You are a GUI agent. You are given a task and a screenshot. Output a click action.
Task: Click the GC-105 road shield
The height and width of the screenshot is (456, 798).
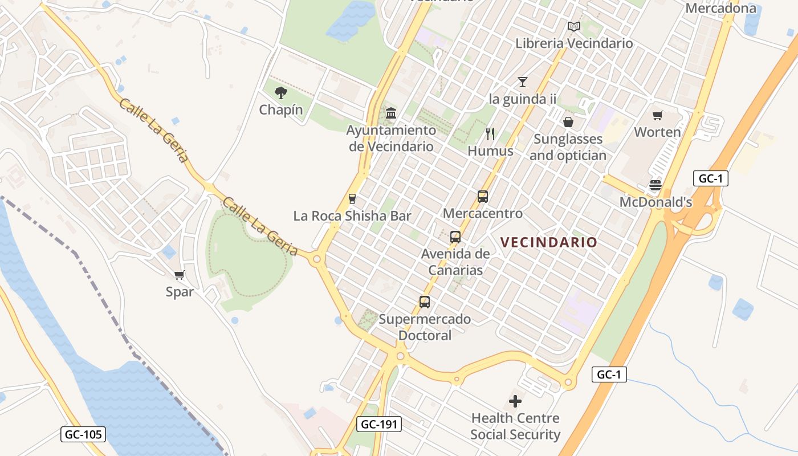[x=83, y=434]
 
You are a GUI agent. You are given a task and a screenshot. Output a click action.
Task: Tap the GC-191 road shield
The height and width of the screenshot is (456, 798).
[x=379, y=424]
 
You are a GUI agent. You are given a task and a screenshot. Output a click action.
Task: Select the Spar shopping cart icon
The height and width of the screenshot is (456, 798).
[x=180, y=275]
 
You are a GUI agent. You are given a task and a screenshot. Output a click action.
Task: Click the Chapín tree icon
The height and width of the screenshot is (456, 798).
[x=280, y=92]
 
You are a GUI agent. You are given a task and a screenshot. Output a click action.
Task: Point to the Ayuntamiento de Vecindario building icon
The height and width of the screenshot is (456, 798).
[x=391, y=113]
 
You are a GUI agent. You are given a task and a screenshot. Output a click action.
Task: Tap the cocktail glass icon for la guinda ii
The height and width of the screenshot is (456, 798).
[x=523, y=82]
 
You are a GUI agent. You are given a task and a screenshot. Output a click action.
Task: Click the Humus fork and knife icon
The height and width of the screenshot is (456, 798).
[x=490, y=134]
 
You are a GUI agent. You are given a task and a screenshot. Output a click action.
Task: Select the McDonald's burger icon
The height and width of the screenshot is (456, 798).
[x=655, y=185]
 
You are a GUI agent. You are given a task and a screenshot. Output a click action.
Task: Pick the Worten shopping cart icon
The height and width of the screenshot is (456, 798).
[x=658, y=116]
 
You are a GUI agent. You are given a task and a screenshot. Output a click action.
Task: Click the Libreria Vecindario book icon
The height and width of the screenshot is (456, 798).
[x=573, y=27]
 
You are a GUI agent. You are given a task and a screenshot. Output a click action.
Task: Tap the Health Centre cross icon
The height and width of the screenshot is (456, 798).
[x=515, y=401]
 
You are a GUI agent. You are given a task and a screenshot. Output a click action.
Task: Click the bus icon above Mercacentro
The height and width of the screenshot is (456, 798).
[x=483, y=197]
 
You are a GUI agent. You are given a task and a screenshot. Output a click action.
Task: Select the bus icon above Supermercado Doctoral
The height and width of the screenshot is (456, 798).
[x=425, y=302]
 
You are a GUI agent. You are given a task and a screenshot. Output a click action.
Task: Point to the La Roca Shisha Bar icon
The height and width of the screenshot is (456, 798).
[x=352, y=199]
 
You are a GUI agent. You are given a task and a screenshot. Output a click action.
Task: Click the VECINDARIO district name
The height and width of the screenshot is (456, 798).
[x=549, y=242]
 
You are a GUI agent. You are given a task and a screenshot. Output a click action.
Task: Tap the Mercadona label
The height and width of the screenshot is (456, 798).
[x=720, y=8]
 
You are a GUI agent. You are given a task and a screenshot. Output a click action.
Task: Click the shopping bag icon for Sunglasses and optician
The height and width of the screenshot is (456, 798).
[x=568, y=122]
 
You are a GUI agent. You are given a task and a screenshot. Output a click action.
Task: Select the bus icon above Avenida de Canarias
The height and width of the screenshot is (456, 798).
[x=455, y=237]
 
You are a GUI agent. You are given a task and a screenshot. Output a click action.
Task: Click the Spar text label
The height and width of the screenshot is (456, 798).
[x=180, y=292]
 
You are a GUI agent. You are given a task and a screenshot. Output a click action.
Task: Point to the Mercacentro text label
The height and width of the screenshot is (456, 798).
[x=483, y=214]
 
